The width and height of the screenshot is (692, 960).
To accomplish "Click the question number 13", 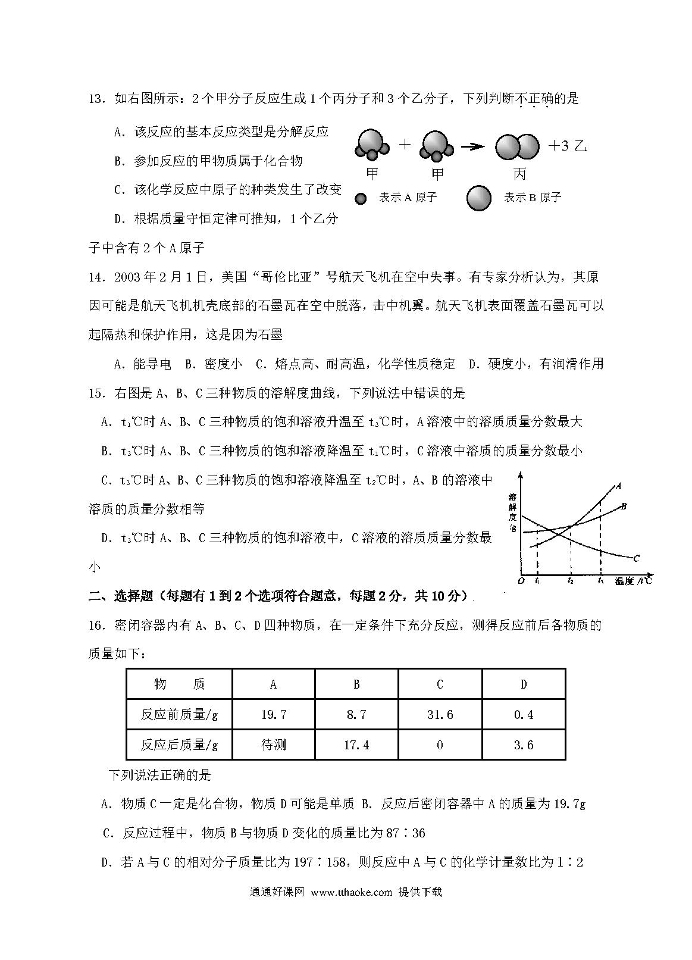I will pyautogui.click(x=96, y=99).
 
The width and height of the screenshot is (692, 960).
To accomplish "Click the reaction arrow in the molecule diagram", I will pyautogui.click(x=472, y=147).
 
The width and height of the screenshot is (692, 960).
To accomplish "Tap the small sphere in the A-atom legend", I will pyautogui.click(x=360, y=198).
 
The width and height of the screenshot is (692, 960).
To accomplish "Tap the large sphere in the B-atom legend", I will pyautogui.click(x=479, y=198).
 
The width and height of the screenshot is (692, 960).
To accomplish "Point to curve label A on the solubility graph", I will pyautogui.click(x=619, y=485).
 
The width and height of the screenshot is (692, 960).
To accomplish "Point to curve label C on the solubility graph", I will pyautogui.click(x=636, y=558).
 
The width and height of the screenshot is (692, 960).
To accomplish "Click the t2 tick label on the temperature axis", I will pyautogui.click(x=570, y=580).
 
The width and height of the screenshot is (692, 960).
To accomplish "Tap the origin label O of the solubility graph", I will pyautogui.click(x=521, y=580).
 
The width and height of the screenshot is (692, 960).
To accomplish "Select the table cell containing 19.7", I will pyautogui.click(x=274, y=714).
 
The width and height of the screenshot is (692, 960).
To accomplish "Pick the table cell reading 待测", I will pyautogui.click(x=274, y=745).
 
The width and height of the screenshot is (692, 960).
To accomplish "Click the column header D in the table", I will pyautogui.click(x=524, y=684).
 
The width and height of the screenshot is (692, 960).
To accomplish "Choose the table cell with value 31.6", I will pyautogui.click(x=440, y=714).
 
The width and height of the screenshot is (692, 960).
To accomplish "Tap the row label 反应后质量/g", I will pyautogui.click(x=179, y=745).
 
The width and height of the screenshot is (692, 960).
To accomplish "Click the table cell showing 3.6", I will pyautogui.click(x=524, y=745).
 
